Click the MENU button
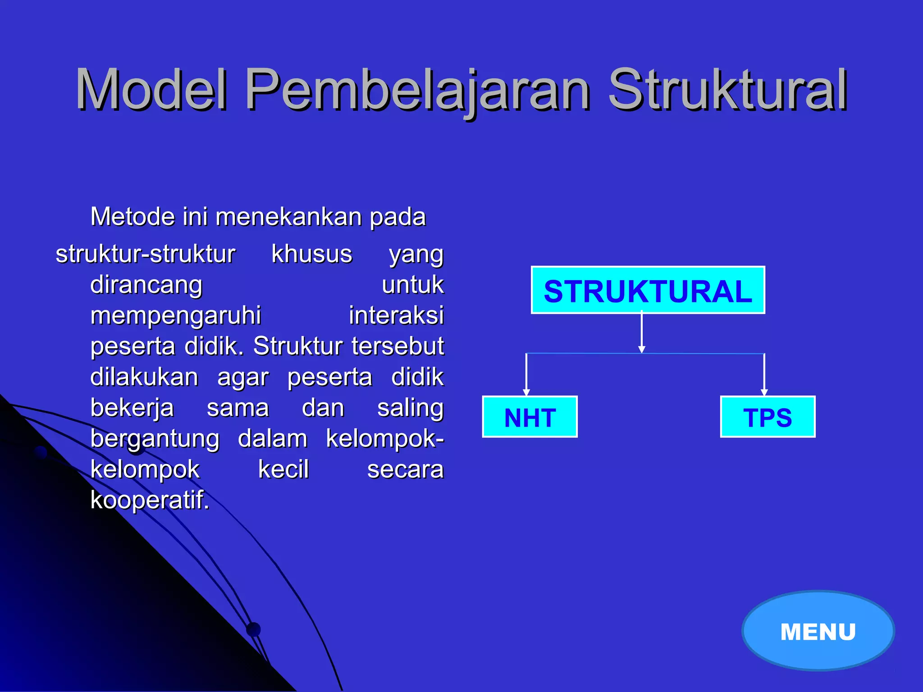coord(818,631)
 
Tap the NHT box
coord(530,417)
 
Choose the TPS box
coord(768,417)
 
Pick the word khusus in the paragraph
coord(311,254)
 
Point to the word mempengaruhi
coord(175,315)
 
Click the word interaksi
coord(396,315)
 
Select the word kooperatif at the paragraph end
coord(150,500)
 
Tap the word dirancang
coord(146,285)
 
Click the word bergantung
coord(155,438)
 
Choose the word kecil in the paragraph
coord(283,469)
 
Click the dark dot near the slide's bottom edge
coord(254,629)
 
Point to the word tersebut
coord(398,346)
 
